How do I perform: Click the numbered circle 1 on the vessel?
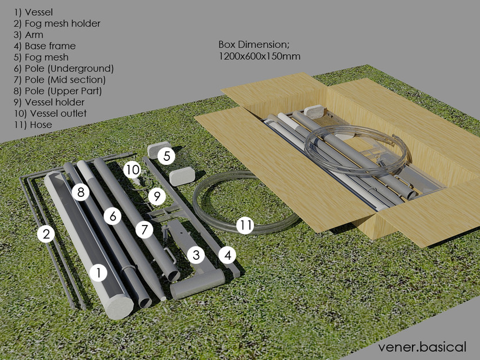point(98,273)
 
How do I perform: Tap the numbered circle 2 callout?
point(47,233)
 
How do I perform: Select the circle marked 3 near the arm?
point(195,255)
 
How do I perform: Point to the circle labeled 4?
point(227,255)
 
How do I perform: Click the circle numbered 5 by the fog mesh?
point(166,155)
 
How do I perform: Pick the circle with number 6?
point(113,216)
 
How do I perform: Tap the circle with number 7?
point(144,229)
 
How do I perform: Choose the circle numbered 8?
point(81,193)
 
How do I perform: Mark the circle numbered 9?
point(157,196)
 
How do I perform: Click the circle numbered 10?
point(132,169)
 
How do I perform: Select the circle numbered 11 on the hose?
point(245,226)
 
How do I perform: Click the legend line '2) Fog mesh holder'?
point(57,24)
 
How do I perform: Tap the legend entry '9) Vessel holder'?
point(49,102)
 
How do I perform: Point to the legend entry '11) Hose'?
point(33,125)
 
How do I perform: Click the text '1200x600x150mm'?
point(259,56)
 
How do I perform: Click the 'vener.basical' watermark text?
point(422,346)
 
